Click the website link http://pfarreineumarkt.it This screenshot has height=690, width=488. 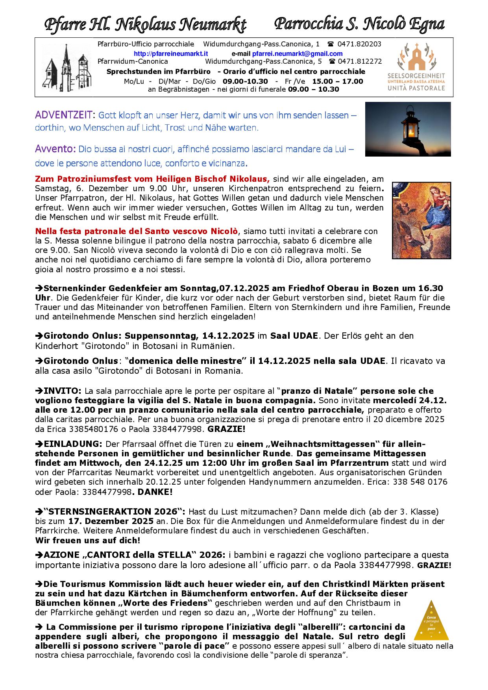point(171,54)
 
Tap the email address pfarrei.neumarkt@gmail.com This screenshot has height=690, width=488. point(297,54)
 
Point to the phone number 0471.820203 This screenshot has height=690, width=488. point(359,44)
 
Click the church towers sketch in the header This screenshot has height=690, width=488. point(66,67)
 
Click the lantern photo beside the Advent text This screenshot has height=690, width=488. point(408,129)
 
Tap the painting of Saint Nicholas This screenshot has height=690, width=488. point(421,220)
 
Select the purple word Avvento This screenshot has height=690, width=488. point(55,149)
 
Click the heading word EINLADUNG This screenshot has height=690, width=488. point(73,444)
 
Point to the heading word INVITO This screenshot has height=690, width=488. point(63,391)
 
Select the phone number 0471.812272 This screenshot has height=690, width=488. point(359,61)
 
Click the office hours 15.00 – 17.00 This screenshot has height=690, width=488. point(338,81)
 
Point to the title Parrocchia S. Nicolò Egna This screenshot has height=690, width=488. point(359,24)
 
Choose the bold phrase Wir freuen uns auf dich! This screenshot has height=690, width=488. point(87,541)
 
